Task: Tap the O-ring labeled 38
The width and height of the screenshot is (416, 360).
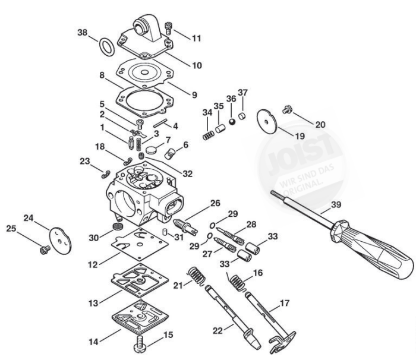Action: [x=107, y=47]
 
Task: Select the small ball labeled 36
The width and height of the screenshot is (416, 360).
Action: [x=232, y=122]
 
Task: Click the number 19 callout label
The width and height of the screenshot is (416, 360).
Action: [x=300, y=136]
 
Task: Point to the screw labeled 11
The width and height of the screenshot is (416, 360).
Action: [x=168, y=28]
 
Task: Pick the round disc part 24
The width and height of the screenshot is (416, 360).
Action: [x=61, y=241]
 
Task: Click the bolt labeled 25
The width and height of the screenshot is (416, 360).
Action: [x=45, y=250]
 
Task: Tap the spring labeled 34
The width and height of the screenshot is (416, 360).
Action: [x=208, y=135]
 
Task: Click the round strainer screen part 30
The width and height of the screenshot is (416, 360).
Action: [x=117, y=226]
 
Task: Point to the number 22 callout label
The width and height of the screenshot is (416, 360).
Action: [x=218, y=331]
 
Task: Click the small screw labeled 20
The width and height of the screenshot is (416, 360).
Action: [x=287, y=109]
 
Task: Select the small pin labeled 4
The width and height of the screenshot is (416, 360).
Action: [x=160, y=123]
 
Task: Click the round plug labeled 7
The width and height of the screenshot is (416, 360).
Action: [x=151, y=149]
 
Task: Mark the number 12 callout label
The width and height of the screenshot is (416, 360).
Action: [x=93, y=265]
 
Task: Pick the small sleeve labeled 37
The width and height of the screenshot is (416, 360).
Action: [x=242, y=116]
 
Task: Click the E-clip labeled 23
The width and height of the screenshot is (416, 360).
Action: [x=106, y=175]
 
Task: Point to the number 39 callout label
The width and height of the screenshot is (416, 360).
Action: [x=336, y=205]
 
